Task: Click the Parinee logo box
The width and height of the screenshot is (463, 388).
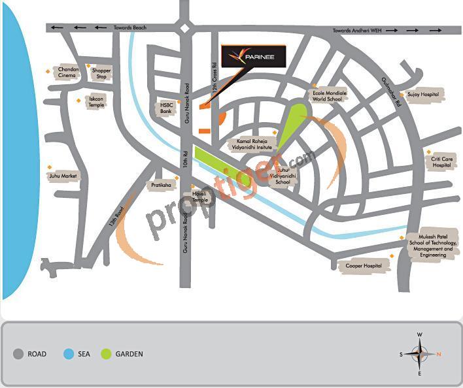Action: (x=253, y=57)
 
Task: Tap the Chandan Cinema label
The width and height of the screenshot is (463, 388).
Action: (x=69, y=72)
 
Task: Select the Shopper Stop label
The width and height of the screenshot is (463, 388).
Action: (x=101, y=73)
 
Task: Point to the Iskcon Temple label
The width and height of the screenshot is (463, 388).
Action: (x=96, y=102)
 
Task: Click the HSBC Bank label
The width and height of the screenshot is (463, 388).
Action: (x=166, y=108)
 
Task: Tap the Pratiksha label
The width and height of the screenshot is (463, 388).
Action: (x=161, y=186)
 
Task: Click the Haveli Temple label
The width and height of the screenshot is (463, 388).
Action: (x=199, y=197)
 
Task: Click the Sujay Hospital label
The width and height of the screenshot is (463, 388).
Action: (x=422, y=95)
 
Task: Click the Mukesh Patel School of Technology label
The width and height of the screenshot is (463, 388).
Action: (x=430, y=246)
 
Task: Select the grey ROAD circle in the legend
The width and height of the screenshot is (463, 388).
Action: (x=18, y=354)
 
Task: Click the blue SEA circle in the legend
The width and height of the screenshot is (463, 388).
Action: (x=69, y=354)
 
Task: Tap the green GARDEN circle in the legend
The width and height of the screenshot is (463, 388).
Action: (x=106, y=354)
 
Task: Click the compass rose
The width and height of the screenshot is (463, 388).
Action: (x=419, y=354)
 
